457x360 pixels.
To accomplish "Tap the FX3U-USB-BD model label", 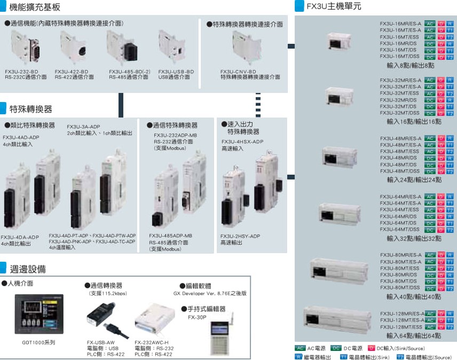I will (176, 71).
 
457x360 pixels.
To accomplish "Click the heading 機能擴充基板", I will (35, 7).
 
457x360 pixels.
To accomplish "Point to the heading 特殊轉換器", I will (31, 109).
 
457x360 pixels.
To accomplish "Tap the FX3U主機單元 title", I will (334, 6).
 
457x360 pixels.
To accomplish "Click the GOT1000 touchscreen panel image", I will (39, 314).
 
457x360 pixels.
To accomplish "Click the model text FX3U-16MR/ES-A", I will (400, 24).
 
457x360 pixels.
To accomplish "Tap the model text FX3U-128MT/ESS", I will (401, 327).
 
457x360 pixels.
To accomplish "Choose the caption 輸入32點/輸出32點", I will (414, 238).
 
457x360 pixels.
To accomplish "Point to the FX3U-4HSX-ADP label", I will (242, 142).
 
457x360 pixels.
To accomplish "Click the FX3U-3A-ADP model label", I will (83, 127).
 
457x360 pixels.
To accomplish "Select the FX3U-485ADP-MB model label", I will (170, 236).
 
